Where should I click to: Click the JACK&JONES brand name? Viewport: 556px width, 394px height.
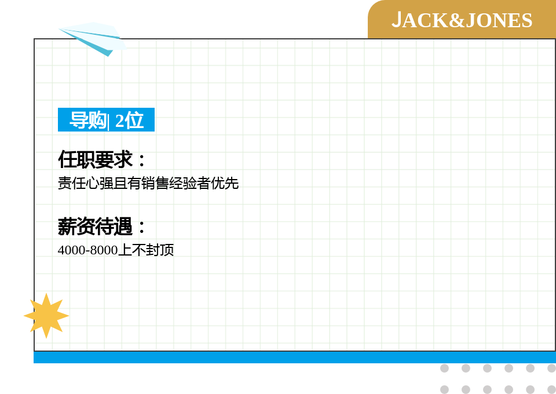tap(462, 20)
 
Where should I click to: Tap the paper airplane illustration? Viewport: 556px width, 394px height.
tap(93, 38)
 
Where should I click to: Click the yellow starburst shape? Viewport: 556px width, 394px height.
tap(46, 316)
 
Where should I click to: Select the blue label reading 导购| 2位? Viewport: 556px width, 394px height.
tap(106, 119)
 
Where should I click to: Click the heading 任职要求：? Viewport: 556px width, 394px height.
tap(101, 159)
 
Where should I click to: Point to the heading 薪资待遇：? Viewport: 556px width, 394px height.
tap(101, 226)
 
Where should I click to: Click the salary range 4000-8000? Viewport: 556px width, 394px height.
tap(87, 250)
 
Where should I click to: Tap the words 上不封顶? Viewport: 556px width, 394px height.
tap(146, 250)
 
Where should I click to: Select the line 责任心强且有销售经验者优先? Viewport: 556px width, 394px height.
tap(148, 183)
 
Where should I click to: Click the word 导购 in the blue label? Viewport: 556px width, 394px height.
tap(87, 120)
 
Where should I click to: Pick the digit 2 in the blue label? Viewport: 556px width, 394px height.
tap(119, 121)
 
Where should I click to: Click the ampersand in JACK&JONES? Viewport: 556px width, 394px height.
tap(457, 20)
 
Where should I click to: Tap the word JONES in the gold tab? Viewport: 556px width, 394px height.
tap(499, 20)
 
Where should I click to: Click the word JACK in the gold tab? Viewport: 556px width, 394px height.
tap(420, 20)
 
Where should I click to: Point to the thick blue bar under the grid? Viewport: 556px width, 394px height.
tap(295, 357)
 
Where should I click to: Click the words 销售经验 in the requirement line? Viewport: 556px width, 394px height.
tap(169, 183)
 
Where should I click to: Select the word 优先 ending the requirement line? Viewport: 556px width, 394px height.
tap(225, 183)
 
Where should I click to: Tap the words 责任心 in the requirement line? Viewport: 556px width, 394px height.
tap(78, 183)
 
